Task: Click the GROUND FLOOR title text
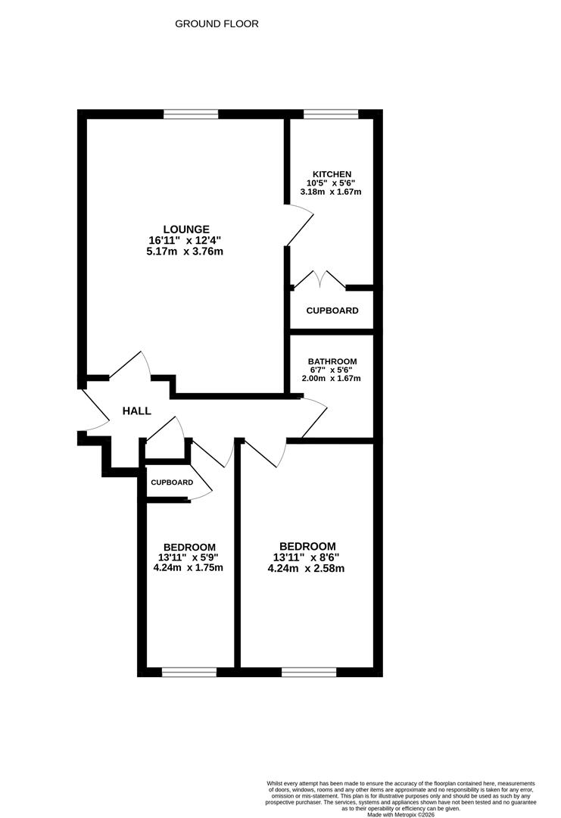(217, 24)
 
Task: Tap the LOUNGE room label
(186, 229)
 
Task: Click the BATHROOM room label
(332, 362)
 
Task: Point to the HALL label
(137, 411)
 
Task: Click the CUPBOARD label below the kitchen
(332, 311)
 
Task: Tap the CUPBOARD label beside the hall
(171, 482)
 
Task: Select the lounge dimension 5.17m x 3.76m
(186, 251)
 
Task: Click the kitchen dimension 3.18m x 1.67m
(331, 192)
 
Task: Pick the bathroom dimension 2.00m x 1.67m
(332, 379)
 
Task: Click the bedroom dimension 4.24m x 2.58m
(307, 569)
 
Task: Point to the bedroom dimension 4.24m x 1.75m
(189, 567)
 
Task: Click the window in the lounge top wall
(191, 114)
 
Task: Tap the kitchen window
(331, 114)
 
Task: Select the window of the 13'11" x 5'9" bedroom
(189, 672)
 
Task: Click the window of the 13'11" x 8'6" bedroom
(309, 672)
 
